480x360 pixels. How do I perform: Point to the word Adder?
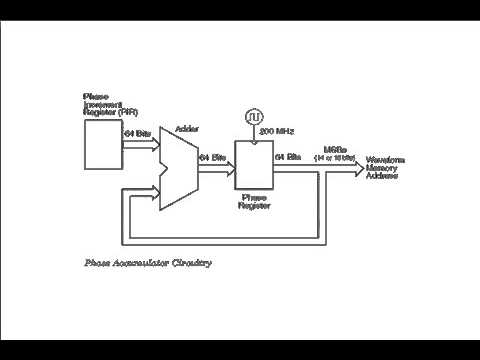[x=186, y=130]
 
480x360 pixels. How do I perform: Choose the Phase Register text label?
[x=256, y=201]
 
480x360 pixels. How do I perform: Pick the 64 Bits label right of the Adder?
[x=212, y=157]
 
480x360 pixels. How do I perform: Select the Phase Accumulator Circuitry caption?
[x=147, y=264]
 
